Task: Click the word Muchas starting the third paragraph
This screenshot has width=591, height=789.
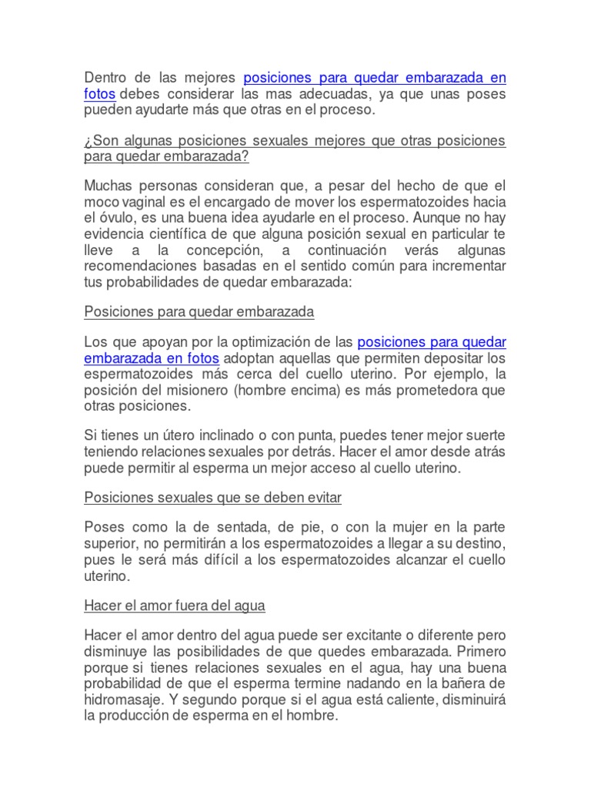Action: [x=107, y=186]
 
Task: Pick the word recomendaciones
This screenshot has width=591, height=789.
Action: [x=137, y=267]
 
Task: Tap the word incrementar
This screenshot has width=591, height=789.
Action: [x=468, y=267]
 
